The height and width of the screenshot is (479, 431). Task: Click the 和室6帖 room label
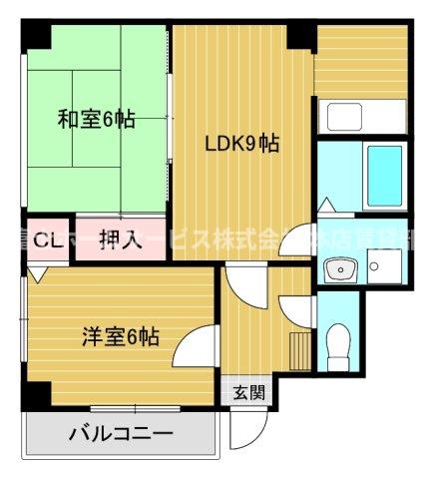96,120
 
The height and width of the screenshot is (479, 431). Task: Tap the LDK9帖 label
242,144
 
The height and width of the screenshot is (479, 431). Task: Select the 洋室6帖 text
120,336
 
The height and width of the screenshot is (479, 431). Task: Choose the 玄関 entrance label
249,391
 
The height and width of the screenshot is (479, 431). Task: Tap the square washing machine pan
384,265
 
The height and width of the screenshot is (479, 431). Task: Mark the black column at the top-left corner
36,33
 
